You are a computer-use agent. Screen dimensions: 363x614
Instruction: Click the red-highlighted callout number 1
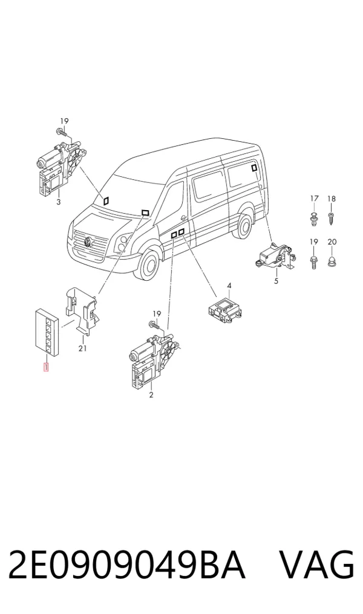46,368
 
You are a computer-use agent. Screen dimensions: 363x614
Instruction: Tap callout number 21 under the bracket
82,348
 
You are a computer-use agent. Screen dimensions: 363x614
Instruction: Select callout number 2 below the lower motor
151,395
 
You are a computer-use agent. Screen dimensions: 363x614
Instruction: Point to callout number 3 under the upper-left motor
59,202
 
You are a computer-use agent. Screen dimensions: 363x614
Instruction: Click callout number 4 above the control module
229,286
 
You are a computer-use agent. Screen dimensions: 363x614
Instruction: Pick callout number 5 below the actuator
276,281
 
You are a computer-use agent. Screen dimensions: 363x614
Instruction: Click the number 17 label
315,199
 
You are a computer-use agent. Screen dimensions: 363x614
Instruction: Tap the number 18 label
332,199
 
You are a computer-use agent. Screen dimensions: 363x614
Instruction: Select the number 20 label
332,242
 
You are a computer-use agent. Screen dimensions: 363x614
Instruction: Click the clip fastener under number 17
314,218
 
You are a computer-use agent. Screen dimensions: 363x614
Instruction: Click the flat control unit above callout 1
47,331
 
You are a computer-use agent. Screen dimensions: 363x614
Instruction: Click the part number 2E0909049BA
126,565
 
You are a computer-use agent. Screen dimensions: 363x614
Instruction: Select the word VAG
317,565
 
